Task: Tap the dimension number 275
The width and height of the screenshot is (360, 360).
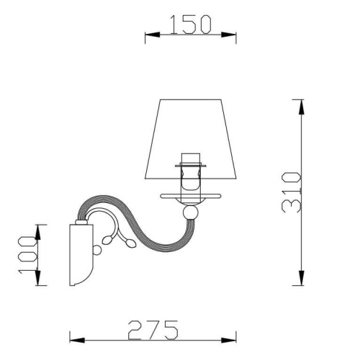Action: pyautogui.click(x=153, y=329)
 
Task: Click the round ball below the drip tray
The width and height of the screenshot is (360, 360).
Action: pyautogui.click(x=189, y=213)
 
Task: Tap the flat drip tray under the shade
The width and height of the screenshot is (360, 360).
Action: pyautogui.click(x=189, y=197)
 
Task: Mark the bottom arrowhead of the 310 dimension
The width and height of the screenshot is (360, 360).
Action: pyautogui.click(x=300, y=282)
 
